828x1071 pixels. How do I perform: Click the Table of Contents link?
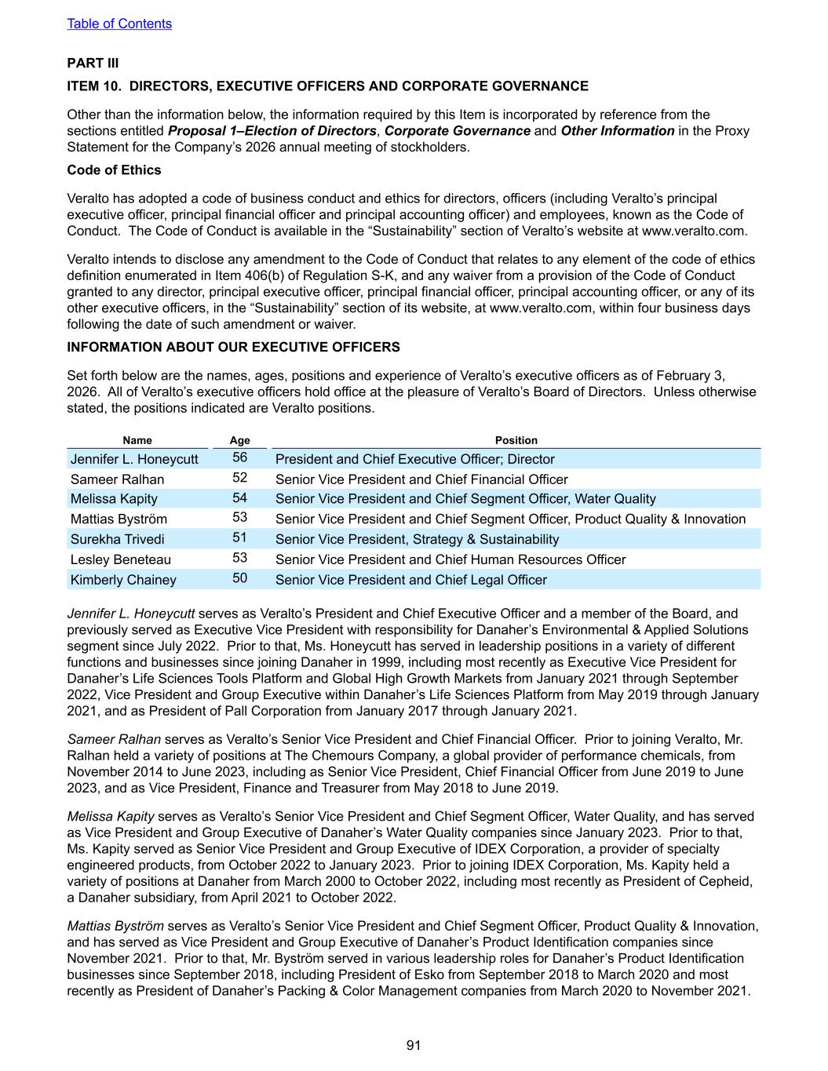119,24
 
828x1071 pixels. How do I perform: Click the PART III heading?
93,63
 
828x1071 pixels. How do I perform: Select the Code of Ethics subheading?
114,170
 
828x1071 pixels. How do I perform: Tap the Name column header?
137,440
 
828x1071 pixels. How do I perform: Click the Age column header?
239,440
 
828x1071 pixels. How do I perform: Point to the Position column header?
516,440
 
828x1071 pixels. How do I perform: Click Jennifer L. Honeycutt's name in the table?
134,460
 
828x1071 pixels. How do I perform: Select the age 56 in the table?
239,458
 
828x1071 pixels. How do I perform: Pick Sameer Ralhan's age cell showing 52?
239,478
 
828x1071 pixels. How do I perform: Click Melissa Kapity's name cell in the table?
114,499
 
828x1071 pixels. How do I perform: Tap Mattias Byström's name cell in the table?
119,519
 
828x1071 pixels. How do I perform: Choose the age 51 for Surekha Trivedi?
239,538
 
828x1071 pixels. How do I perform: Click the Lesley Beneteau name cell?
120,560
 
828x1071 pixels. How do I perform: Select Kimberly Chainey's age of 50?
239,578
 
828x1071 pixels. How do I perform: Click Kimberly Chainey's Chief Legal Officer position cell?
410,581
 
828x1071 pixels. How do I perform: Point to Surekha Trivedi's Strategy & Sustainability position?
417,540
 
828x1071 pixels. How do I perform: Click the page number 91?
414,1045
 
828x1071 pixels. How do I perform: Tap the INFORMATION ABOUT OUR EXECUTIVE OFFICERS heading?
233,348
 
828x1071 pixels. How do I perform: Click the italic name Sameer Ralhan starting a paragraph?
114,739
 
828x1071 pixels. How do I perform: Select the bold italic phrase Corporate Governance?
457,131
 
